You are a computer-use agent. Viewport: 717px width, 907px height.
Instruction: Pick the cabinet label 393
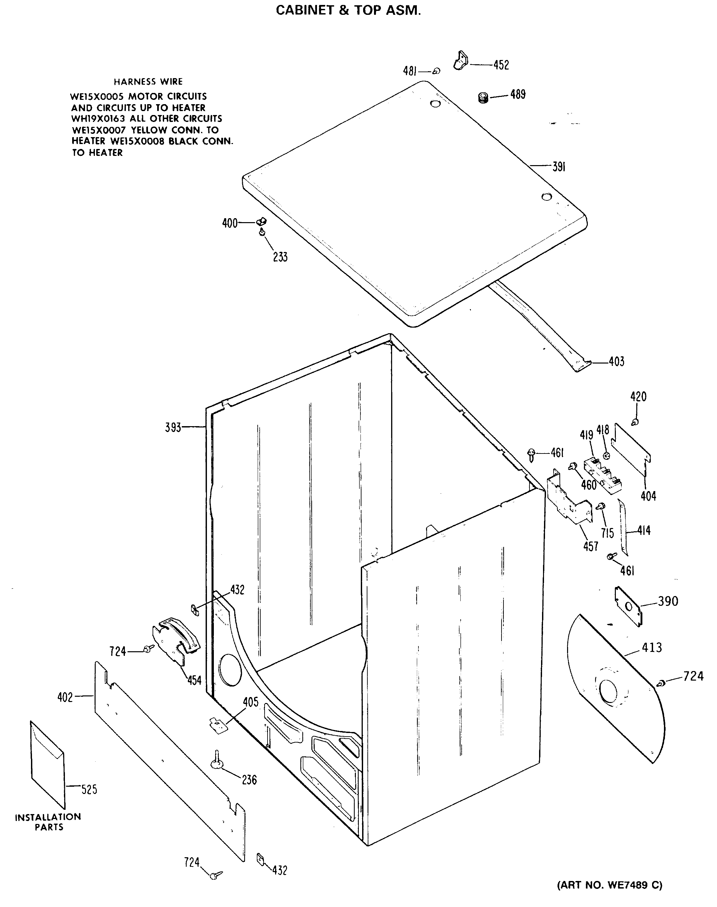[173, 428]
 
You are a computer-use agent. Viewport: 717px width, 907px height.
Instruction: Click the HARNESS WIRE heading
[148, 81]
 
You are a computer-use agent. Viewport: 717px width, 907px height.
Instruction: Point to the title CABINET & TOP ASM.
[348, 11]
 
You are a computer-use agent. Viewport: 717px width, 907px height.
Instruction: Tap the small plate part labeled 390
[628, 607]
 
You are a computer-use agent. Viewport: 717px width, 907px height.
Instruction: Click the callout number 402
[65, 697]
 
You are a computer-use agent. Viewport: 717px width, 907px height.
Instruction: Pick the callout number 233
[280, 257]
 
